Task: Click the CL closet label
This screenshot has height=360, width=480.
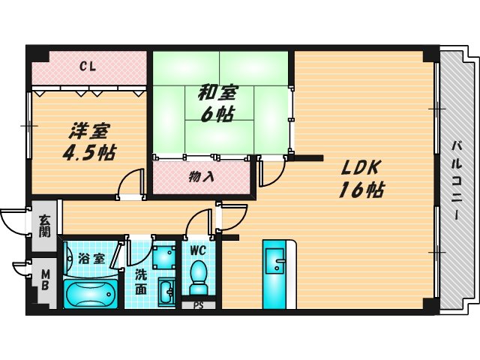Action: coord(88,67)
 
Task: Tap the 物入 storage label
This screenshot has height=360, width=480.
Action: coord(200,178)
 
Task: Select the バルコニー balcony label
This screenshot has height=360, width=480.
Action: coord(455,181)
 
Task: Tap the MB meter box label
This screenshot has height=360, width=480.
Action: coord(43,279)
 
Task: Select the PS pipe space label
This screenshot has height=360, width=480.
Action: coord(199,304)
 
